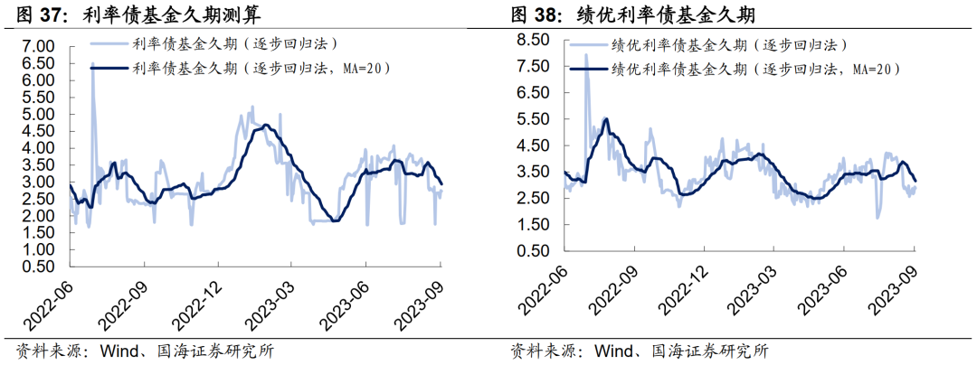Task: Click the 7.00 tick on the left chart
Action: tap(40, 46)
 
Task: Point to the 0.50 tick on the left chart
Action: tap(40, 267)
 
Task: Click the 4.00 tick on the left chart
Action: tap(40, 148)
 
